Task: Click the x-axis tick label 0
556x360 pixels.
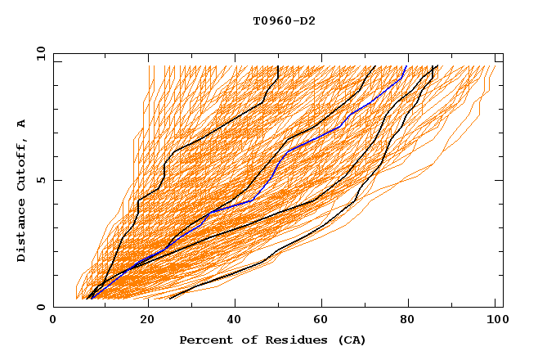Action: click(x=53, y=320)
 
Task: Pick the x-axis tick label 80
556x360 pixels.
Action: click(x=411, y=320)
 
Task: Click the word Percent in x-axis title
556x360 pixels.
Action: click(x=205, y=340)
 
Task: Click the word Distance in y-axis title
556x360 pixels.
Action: click(x=22, y=229)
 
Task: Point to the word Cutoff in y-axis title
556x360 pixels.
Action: click(x=22, y=162)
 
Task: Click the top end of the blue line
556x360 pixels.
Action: click(x=406, y=66)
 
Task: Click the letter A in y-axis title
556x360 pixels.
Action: click(x=22, y=123)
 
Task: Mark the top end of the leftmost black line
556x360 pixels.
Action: click(x=278, y=66)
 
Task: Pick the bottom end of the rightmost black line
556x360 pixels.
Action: click(x=169, y=299)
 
